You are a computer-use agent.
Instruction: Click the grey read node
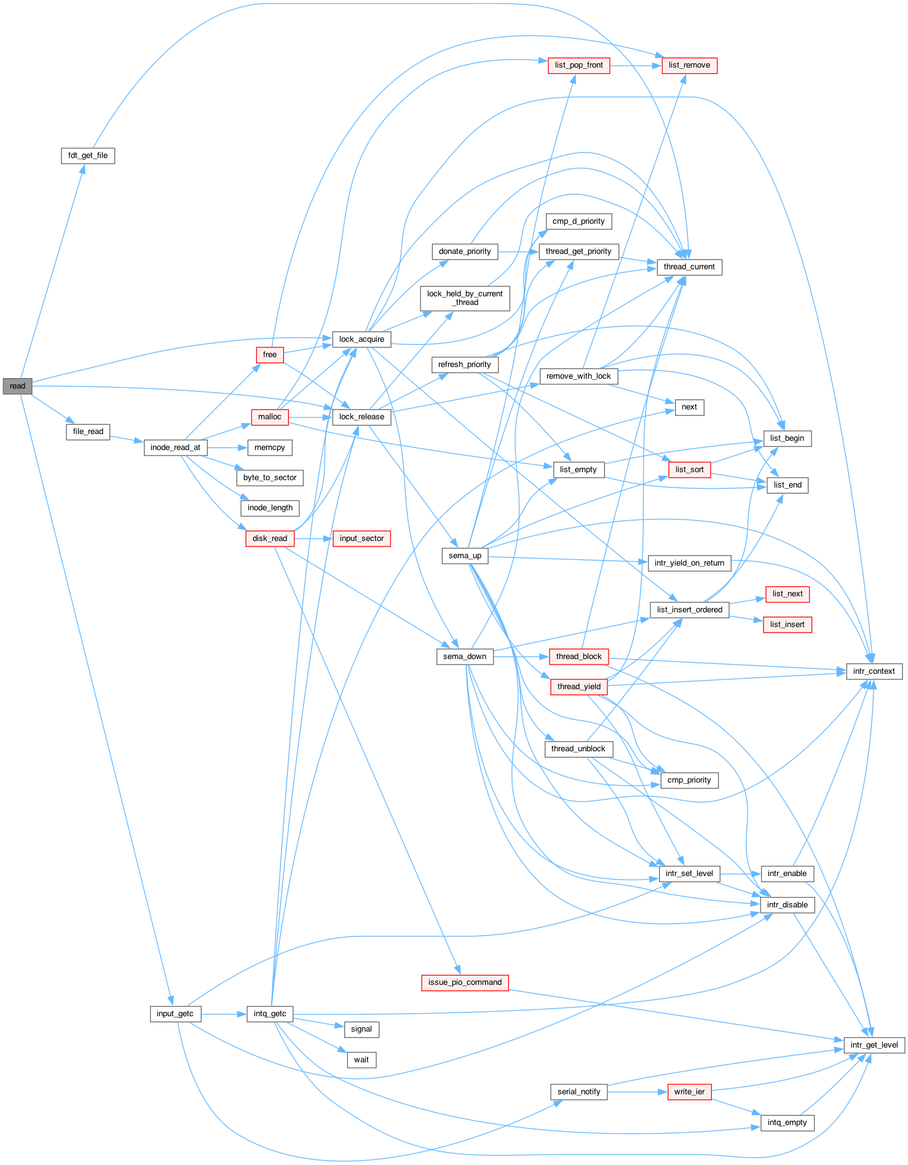(x=17, y=386)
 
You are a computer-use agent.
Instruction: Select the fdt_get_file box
(x=88, y=156)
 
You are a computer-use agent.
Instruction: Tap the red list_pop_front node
(x=578, y=65)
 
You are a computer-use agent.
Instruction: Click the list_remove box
(x=689, y=65)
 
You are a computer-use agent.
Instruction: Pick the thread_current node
(x=689, y=267)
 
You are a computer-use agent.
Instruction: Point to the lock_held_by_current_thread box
(x=465, y=298)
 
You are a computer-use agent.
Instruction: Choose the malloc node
(x=270, y=417)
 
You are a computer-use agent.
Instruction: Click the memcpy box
(x=270, y=448)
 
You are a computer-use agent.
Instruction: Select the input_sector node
(x=361, y=539)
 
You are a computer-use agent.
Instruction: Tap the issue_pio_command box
(x=465, y=982)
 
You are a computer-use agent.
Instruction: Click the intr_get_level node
(x=874, y=1045)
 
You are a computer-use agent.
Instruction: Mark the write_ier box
(x=689, y=1092)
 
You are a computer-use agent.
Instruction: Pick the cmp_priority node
(x=689, y=780)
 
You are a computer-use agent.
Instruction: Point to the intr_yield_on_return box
(x=689, y=563)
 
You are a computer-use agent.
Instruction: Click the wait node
(x=361, y=1060)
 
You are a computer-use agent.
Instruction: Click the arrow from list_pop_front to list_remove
(x=636, y=65)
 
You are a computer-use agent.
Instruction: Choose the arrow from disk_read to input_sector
(x=314, y=539)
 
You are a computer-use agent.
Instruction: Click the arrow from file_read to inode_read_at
(x=127, y=440)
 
